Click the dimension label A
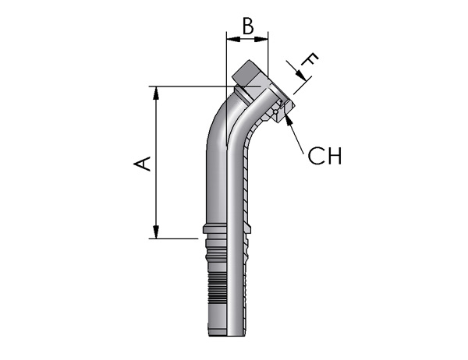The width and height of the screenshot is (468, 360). (x=142, y=164)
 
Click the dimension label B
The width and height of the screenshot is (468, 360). (x=248, y=26)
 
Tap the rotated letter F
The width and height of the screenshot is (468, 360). (x=310, y=60)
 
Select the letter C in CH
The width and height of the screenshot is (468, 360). (x=315, y=156)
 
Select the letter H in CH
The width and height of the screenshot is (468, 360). (x=334, y=156)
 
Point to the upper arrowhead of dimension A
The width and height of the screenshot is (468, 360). (x=156, y=93)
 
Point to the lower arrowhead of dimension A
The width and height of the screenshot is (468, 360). (x=156, y=232)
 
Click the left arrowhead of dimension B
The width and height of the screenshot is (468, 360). (x=233, y=39)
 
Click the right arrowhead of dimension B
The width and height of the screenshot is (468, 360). (x=261, y=39)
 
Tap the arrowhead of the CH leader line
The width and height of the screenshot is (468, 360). (x=288, y=120)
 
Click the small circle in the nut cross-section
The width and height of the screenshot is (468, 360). (x=275, y=112)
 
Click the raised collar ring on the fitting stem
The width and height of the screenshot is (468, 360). (x=227, y=230)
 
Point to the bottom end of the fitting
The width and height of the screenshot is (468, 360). (x=227, y=336)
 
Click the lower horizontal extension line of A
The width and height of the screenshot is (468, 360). (x=173, y=238)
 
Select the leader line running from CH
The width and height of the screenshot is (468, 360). (x=295, y=136)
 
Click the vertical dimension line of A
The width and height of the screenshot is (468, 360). (x=156, y=163)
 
